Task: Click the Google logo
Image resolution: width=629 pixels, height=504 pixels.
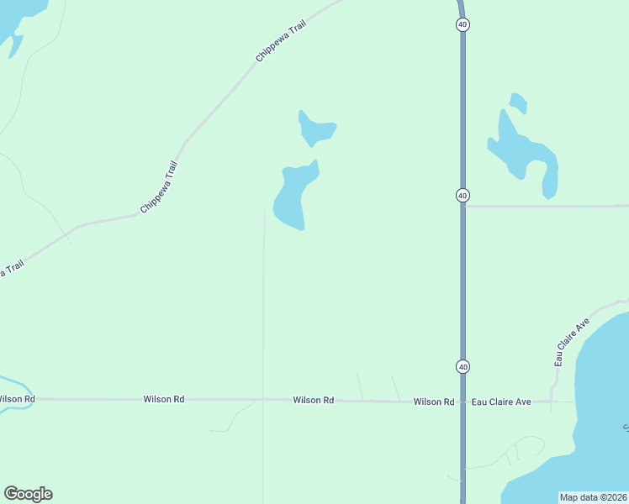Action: [28, 494]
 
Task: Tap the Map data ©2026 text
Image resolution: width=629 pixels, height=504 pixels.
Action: [593, 497]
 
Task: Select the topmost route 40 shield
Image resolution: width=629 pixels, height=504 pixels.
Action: [462, 24]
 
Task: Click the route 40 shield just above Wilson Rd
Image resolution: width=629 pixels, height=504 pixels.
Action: [462, 366]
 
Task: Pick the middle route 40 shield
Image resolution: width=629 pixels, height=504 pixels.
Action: [462, 195]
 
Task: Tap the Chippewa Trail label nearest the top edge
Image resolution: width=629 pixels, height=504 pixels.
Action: [281, 41]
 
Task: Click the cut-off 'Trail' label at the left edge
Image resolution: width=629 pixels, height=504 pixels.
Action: [10, 270]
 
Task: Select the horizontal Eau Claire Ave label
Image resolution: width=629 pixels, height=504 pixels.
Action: [500, 402]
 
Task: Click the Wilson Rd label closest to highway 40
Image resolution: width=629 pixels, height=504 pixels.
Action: [433, 402]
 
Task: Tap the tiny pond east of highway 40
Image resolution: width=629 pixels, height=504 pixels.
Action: [518, 103]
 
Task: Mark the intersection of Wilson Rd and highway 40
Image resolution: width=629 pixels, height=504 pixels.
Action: [462, 402]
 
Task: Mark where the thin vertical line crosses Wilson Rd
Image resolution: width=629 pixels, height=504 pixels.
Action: [263, 400]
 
